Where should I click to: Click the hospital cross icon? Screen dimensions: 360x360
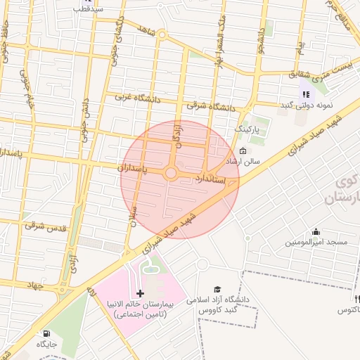(x=140, y=292)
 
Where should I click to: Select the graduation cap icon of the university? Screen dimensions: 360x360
(x=218, y=289)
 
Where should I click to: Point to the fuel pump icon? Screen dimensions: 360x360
(x=46, y=333)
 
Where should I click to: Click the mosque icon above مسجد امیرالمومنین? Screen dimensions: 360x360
(x=316, y=231)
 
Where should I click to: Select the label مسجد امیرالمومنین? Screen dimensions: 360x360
(x=316, y=243)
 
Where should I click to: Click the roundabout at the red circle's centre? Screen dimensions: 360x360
(x=171, y=173)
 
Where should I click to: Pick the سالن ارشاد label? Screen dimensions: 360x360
(x=242, y=162)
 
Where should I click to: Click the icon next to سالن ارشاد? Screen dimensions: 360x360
(x=243, y=151)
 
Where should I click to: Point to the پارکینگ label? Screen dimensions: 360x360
(x=247, y=130)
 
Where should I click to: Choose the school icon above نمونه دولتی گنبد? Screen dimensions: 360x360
(x=305, y=94)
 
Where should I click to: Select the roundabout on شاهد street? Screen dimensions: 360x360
(x=162, y=34)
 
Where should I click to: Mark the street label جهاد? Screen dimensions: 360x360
(x=33, y=285)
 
